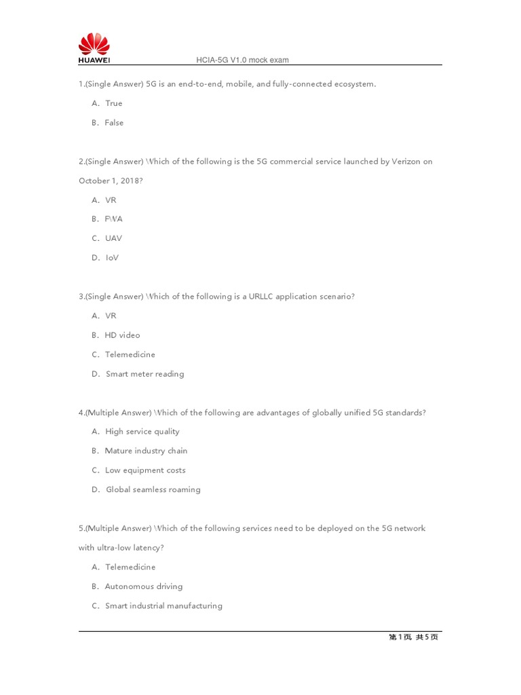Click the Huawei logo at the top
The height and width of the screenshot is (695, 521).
[x=94, y=49]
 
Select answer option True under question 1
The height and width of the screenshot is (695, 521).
[x=113, y=103]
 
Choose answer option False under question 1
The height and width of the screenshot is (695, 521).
[x=113, y=123]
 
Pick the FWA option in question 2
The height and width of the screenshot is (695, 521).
[x=113, y=219]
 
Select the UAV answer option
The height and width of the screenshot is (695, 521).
[x=113, y=238]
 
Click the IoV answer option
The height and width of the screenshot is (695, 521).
[x=112, y=258]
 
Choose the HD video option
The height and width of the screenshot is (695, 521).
[x=122, y=335]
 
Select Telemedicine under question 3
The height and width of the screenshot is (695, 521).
[x=130, y=354]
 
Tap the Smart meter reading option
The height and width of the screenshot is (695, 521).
[x=144, y=374]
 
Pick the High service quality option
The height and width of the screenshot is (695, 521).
[x=142, y=432]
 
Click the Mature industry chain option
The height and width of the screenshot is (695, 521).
[x=146, y=451]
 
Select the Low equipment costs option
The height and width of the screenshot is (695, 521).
[x=144, y=470]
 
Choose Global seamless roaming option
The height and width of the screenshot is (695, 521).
[x=153, y=489]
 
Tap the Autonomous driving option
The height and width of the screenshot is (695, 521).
[x=143, y=586]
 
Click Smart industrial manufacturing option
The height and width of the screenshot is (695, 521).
[x=163, y=606]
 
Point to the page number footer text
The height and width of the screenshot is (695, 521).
[x=412, y=637]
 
